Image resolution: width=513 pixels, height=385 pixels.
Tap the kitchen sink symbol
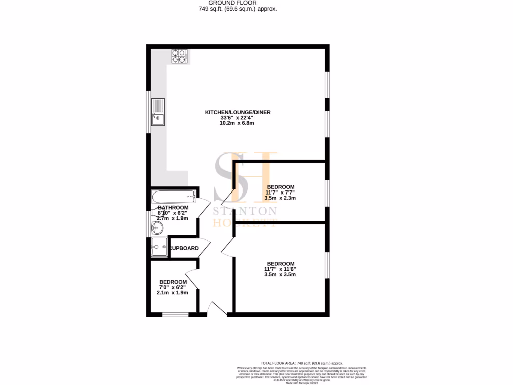pos(158,113)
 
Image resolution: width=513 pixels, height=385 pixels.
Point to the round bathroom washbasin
pos(157,228)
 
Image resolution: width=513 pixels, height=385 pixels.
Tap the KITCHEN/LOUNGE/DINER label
pos(237,112)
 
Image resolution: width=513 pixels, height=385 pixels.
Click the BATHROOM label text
pos(173,208)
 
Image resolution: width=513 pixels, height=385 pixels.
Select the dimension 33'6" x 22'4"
pos(237,118)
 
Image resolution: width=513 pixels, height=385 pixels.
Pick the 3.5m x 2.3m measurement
pos(280,198)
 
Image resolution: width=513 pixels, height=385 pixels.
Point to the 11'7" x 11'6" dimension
pos(280,269)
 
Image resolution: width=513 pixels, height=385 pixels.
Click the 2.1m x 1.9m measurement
pos(173,293)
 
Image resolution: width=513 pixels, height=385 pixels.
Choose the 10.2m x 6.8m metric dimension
pos(237,123)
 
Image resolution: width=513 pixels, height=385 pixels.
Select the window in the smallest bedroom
pos(175,315)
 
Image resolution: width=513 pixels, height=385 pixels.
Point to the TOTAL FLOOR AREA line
pos(302,363)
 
